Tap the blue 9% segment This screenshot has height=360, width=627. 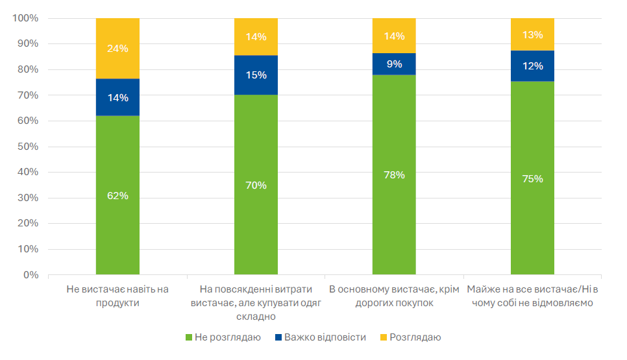coord(394,64)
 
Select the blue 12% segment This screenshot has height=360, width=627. coord(532,66)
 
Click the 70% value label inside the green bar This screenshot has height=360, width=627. coord(256,186)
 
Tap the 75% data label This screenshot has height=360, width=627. coord(532,179)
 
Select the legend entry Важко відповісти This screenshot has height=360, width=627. coord(320,337)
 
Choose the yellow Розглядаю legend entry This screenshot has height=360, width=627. coord(410,337)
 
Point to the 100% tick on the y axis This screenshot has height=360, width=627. coord(25,18)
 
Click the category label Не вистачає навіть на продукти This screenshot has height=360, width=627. coord(117,296)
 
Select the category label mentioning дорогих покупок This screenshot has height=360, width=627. coord(394,296)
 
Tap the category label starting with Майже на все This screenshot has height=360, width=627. coord(532,296)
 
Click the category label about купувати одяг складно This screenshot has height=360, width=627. coord(256,302)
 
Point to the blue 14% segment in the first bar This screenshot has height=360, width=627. coord(117,97)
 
